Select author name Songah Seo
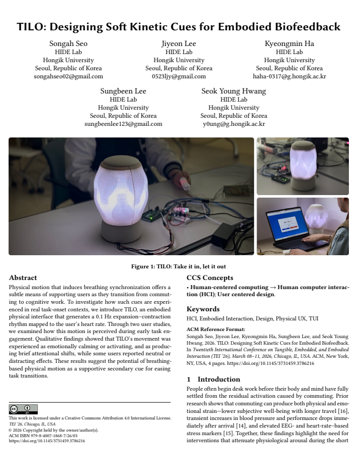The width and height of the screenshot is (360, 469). click(68, 44)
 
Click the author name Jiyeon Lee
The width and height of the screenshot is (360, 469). click(179, 44)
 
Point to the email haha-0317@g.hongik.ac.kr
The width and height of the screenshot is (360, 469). click(289, 76)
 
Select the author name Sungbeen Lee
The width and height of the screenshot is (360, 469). click(123, 91)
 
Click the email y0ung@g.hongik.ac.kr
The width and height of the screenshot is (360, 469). click(234, 124)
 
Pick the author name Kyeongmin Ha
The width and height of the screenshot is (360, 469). click(289, 44)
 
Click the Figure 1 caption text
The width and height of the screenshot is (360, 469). click(179, 266)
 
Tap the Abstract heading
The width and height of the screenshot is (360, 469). click(23, 277)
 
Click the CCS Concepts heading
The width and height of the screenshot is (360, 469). click(210, 277)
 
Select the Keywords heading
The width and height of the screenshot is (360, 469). click(203, 309)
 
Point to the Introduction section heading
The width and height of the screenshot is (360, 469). click(213, 379)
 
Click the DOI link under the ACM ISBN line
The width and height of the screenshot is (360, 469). click(47, 441)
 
